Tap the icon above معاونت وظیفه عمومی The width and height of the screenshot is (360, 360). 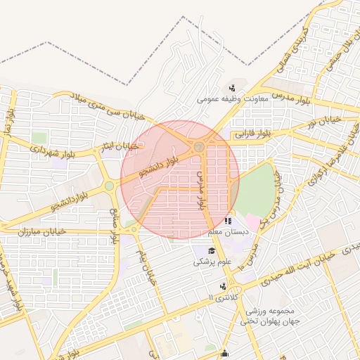(232, 88)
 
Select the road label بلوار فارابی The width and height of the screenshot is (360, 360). (252, 133)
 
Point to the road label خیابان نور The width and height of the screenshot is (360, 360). (321, 122)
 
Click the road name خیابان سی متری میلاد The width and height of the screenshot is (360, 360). (111, 107)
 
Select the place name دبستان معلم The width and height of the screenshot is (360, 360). (224, 231)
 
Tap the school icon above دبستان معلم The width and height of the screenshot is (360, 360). (227, 221)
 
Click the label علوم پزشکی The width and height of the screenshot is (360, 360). (212, 262)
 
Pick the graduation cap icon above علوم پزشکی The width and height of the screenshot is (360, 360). (212, 251)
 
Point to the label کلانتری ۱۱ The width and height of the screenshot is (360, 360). (224, 297)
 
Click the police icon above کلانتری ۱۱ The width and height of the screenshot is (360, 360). (223, 286)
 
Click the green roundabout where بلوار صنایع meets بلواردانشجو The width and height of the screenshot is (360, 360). (110, 186)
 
